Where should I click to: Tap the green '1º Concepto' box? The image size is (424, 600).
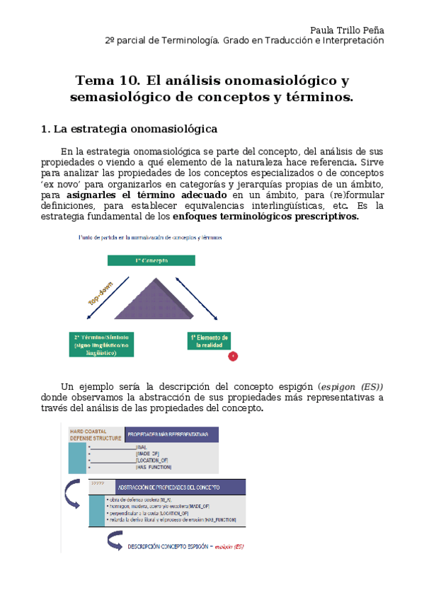tap(151, 260)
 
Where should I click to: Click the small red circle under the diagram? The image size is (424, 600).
tap(234, 356)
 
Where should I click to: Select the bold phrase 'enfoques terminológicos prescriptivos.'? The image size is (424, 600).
tap(265, 217)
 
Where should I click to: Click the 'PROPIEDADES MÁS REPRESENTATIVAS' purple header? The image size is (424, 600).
tap(170, 434)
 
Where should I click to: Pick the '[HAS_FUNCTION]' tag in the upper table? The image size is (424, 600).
tap(153, 467)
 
